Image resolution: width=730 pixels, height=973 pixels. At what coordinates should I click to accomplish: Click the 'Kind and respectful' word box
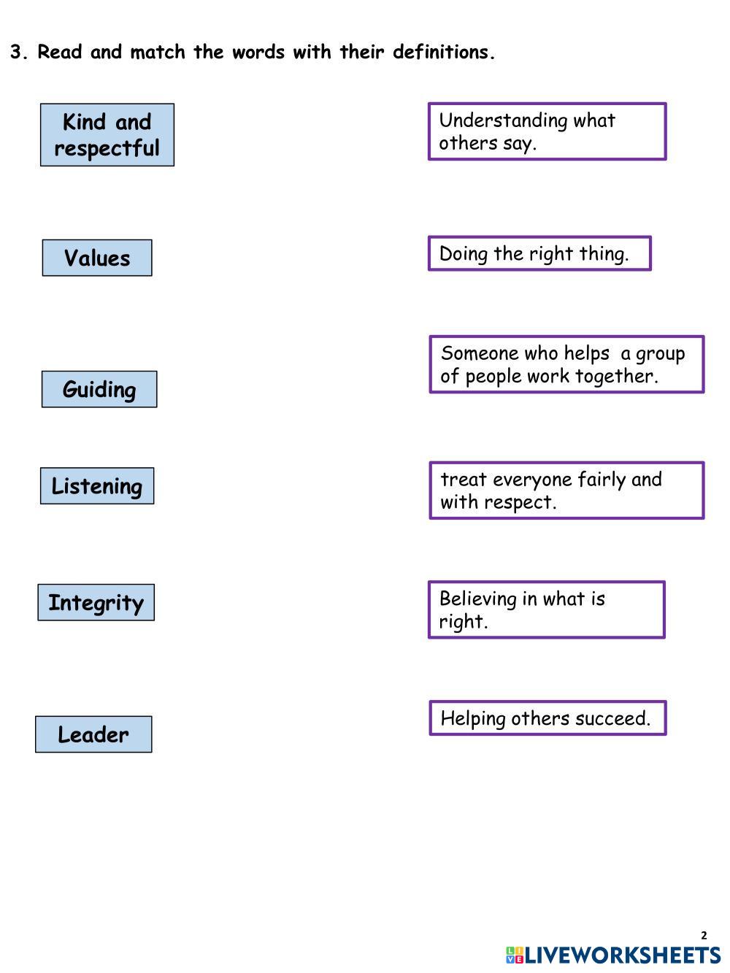(107, 135)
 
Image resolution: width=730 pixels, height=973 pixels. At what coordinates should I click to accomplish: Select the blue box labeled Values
(97, 258)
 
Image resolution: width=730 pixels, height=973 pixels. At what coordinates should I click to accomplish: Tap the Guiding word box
(99, 389)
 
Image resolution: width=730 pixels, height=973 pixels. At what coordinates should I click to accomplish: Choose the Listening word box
(97, 486)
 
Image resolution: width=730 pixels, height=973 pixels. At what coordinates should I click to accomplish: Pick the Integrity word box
(96, 603)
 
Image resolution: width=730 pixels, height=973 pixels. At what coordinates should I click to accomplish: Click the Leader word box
(93, 734)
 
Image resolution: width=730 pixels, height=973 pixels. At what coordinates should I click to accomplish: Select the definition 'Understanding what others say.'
(547, 131)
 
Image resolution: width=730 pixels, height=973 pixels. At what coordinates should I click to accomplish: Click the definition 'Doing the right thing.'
(539, 254)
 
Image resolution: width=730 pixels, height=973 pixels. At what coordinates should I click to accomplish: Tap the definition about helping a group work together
(566, 364)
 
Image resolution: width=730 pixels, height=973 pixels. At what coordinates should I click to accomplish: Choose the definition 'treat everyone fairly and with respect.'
(566, 491)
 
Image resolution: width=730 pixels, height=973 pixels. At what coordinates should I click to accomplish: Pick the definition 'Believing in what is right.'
(546, 609)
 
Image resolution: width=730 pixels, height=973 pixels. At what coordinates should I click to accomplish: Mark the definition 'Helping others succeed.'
(547, 718)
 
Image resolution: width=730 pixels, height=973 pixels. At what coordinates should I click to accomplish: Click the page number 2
(704, 935)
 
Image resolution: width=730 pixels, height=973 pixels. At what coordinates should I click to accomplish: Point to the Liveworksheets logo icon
(514, 955)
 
